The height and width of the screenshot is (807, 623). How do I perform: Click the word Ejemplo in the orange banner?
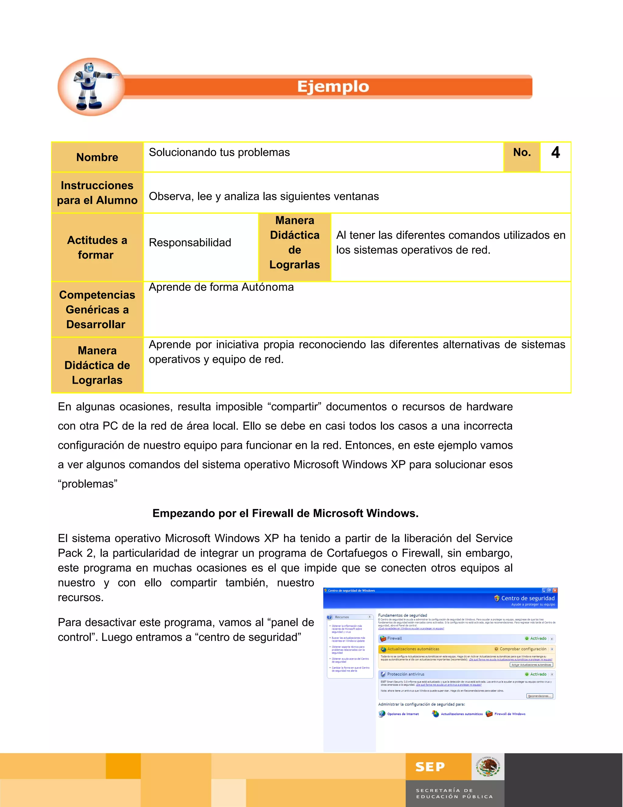(x=333, y=87)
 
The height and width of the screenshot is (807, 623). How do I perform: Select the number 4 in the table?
(x=555, y=153)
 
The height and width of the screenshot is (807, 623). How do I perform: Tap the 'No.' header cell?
(x=521, y=153)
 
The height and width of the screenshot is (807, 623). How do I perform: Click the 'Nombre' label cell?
(x=97, y=157)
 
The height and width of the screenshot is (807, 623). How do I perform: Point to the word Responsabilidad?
(x=190, y=243)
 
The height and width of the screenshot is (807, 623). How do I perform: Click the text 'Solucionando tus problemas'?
(x=219, y=153)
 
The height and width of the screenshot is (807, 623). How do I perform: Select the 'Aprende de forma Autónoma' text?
(x=221, y=287)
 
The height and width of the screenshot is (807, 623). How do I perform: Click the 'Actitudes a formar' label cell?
(x=97, y=247)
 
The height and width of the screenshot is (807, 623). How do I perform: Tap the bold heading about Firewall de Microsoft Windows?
(x=285, y=513)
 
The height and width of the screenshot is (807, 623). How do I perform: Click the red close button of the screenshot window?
(x=555, y=590)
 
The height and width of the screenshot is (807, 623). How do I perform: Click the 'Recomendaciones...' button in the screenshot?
(x=540, y=696)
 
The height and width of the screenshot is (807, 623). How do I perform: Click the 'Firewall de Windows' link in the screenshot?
(x=509, y=714)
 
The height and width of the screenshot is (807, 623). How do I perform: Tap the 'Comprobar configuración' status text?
(x=523, y=649)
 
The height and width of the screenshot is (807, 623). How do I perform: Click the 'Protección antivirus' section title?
(x=405, y=674)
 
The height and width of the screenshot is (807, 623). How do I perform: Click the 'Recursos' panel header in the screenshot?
(x=342, y=617)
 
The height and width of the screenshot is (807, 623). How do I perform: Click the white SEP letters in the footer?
(x=430, y=767)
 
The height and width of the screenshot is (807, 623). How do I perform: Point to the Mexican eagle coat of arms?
(x=488, y=766)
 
